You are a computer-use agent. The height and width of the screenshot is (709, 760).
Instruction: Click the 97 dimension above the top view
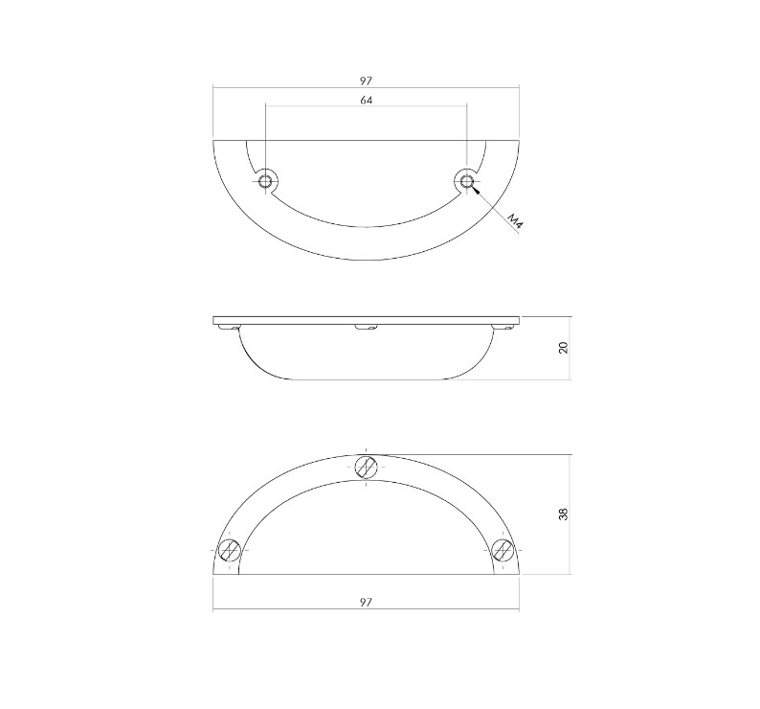click(x=367, y=80)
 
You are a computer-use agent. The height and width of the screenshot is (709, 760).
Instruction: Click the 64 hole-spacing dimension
click(x=367, y=100)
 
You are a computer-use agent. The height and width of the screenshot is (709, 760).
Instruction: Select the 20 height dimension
click(x=564, y=347)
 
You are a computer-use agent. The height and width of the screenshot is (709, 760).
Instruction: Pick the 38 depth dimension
click(x=564, y=514)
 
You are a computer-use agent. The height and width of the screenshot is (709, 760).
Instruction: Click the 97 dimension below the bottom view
click(x=367, y=602)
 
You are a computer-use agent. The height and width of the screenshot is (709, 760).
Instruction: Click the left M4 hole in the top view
click(x=265, y=180)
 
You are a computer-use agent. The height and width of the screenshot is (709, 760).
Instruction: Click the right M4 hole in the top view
click(x=466, y=180)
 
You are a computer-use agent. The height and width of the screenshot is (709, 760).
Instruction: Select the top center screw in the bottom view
click(x=367, y=467)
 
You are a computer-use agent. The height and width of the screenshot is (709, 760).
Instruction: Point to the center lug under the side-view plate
click(x=366, y=328)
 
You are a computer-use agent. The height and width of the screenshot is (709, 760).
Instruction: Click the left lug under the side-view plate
click(x=228, y=328)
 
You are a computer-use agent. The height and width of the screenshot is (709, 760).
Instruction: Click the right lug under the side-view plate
click(x=503, y=328)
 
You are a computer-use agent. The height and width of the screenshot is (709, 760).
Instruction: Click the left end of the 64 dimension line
click(x=266, y=106)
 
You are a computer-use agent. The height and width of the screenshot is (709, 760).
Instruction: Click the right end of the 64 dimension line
click(x=466, y=106)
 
